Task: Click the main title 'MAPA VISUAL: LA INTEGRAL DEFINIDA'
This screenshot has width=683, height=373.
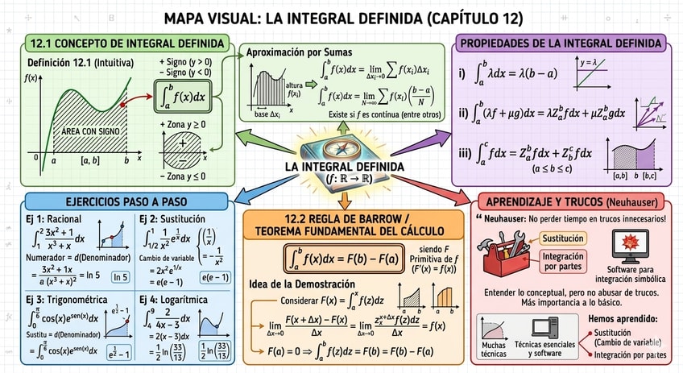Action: [342, 17]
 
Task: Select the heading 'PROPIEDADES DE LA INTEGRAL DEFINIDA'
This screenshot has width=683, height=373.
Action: [561, 44]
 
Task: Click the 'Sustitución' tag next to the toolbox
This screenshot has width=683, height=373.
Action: [563, 238]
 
